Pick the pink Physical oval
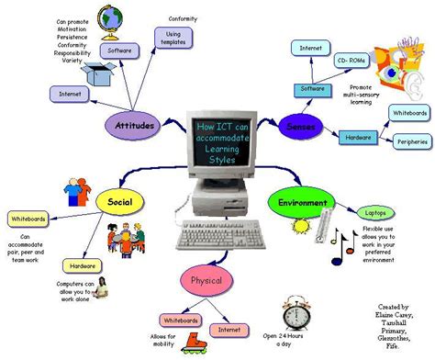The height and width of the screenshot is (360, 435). click(206, 280)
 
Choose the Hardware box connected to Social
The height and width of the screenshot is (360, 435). click(80, 266)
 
